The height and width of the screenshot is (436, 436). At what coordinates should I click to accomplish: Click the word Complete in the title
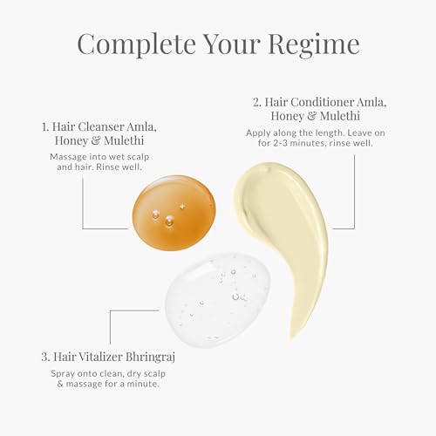tap(136, 44)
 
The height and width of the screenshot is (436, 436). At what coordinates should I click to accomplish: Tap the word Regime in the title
tap(314, 45)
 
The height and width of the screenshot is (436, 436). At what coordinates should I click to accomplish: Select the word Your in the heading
tap(232, 44)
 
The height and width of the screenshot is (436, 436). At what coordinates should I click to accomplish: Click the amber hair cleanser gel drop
tap(174, 213)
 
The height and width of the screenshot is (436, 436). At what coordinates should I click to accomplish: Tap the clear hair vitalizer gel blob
tap(217, 299)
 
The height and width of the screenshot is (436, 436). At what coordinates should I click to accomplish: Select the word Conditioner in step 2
tap(322, 102)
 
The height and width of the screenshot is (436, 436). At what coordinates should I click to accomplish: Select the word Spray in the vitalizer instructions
tap(60, 374)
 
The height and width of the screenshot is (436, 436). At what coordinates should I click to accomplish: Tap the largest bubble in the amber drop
tap(169, 221)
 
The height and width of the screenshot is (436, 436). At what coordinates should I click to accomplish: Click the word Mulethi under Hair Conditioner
tap(340, 116)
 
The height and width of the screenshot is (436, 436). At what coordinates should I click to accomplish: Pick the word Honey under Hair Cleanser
tap(72, 141)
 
